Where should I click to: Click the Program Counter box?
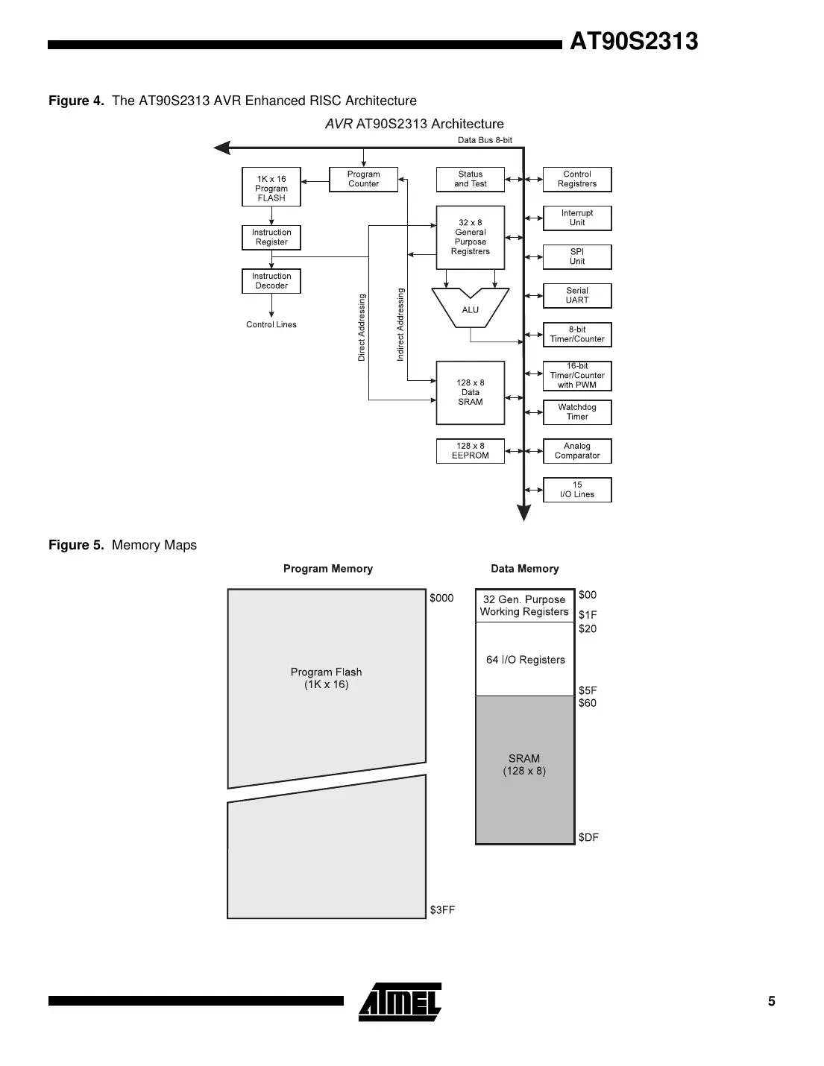coord(363,180)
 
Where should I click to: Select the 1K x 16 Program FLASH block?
coord(271,187)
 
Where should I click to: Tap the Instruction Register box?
coord(271,238)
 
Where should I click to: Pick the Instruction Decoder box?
coord(271,281)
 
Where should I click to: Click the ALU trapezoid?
coord(471,309)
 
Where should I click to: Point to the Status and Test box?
coord(470,180)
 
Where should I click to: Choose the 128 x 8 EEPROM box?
coord(470,451)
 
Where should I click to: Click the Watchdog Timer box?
coord(577,412)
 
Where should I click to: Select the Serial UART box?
coord(577,296)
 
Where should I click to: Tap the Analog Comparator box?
coord(577,451)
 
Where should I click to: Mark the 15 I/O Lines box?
coord(577,490)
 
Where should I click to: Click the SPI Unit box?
coord(577,257)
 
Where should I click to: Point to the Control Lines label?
coord(271,325)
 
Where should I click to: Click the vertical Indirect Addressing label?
coord(400,325)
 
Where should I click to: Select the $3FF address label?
coord(442,910)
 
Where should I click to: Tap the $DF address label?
coord(588,837)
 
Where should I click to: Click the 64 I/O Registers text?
coord(525,660)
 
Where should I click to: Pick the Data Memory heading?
coord(524,569)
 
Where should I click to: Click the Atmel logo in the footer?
coord(400,1002)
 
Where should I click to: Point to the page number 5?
coord(772,1001)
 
